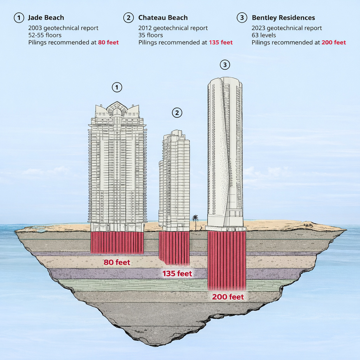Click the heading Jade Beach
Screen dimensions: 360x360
(46, 18)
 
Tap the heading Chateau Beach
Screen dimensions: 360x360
(163, 18)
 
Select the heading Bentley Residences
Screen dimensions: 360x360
(283, 18)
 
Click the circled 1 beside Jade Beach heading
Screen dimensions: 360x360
(19, 18)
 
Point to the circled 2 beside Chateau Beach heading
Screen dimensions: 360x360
(128, 18)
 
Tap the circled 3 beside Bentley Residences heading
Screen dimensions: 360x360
(242, 18)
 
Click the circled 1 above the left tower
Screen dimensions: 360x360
(117, 87)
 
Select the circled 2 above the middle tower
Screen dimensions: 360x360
(177, 113)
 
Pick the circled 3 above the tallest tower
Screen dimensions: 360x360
(225, 65)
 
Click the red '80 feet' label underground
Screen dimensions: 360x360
(117, 262)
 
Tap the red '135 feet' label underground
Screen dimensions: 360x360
(177, 274)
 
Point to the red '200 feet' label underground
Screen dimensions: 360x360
(228, 297)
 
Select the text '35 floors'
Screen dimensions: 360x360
(150, 35)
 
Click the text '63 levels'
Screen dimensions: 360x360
(264, 35)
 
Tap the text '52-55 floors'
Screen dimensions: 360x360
(45, 35)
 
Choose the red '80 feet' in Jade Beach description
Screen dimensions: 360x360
(108, 43)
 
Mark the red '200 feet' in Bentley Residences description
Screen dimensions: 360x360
(334, 43)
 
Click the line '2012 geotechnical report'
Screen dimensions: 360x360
(173, 28)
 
